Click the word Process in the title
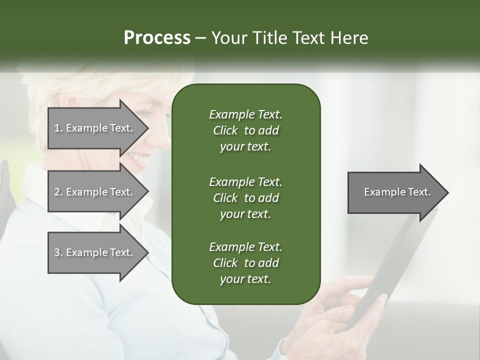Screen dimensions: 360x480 coord(157,38)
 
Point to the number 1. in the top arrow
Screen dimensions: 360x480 coord(58,128)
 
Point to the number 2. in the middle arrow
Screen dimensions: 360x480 coord(58,192)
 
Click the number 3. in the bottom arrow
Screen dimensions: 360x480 coord(58,252)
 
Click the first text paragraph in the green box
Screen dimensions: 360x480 coord(245,130)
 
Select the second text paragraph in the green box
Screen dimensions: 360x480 coord(245,197)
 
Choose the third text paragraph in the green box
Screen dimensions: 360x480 coord(245,263)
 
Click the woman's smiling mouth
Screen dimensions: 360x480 coord(136,159)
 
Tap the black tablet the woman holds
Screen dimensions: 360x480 coord(395,265)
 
